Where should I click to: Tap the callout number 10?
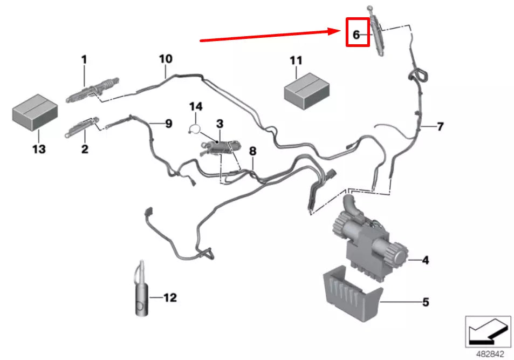tap(165, 58)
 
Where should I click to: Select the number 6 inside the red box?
tap(356, 35)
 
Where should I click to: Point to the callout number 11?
tap(296, 60)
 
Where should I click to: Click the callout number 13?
tap(39, 148)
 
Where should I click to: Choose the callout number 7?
tap(440, 127)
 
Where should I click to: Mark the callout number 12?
tap(169, 297)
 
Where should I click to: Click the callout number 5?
tap(425, 302)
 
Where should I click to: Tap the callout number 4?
tap(425, 261)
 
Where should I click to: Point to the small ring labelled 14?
tap(195, 128)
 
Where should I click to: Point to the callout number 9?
tap(168, 124)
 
